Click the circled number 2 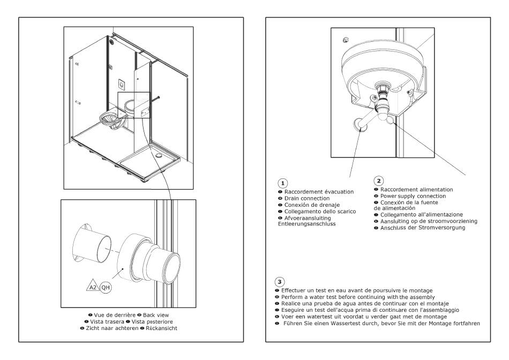pyautogui.click(x=378, y=182)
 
